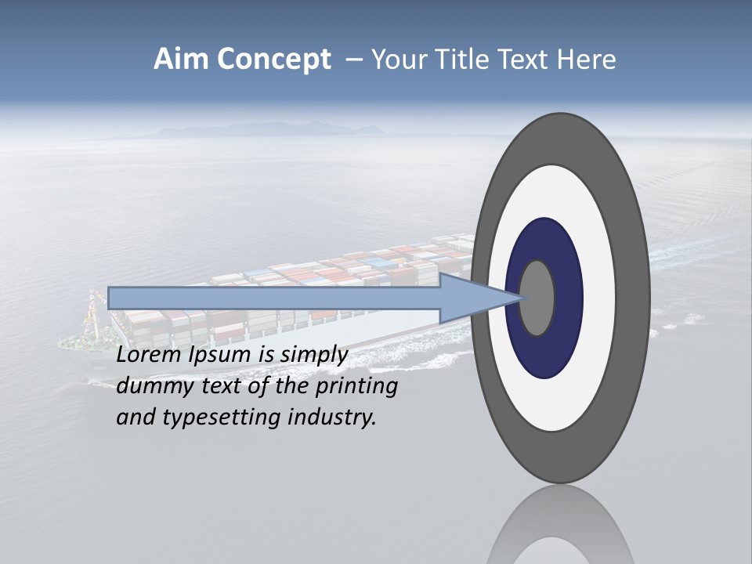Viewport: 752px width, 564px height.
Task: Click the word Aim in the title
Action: pyautogui.click(x=181, y=60)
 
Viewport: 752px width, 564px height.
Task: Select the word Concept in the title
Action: pyautogui.click(x=273, y=60)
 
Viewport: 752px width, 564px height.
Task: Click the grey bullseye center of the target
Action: pyautogui.click(x=537, y=298)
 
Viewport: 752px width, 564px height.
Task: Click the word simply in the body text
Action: pyautogui.click(x=313, y=356)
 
